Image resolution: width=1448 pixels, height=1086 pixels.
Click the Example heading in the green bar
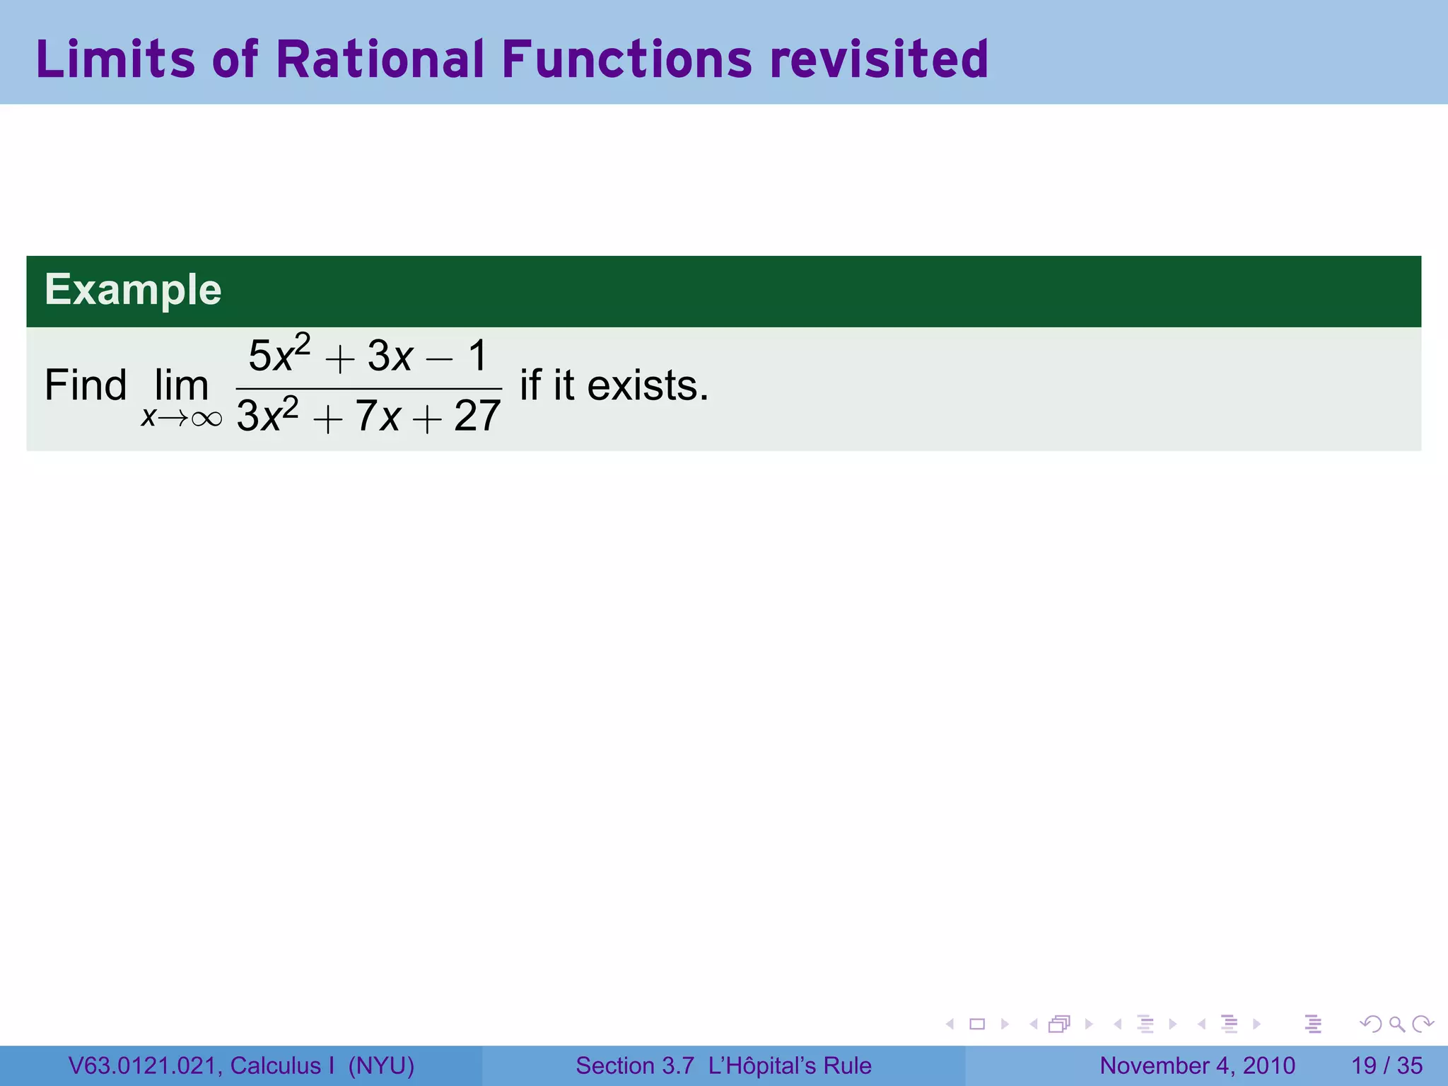tap(133, 290)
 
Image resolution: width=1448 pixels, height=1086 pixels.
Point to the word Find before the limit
tap(86, 385)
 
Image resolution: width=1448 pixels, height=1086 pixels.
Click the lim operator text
tap(182, 385)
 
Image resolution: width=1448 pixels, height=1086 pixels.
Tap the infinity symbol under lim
tap(206, 419)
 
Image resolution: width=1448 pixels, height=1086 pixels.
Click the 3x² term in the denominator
tap(267, 415)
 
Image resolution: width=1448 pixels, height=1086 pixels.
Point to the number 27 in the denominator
tap(477, 415)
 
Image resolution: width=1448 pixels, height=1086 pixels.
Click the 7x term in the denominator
tap(378, 415)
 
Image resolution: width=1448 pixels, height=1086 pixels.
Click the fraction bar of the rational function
tap(368, 388)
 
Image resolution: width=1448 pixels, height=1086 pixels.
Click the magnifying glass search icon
tap(1396, 1024)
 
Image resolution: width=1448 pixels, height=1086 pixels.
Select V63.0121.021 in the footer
tap(145, 1065)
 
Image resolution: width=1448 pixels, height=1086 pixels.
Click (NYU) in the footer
tap(381, 1065)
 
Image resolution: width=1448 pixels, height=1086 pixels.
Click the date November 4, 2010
tap(1197, 1065)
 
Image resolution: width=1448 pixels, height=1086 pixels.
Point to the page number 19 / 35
tap(1386, 1065)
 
